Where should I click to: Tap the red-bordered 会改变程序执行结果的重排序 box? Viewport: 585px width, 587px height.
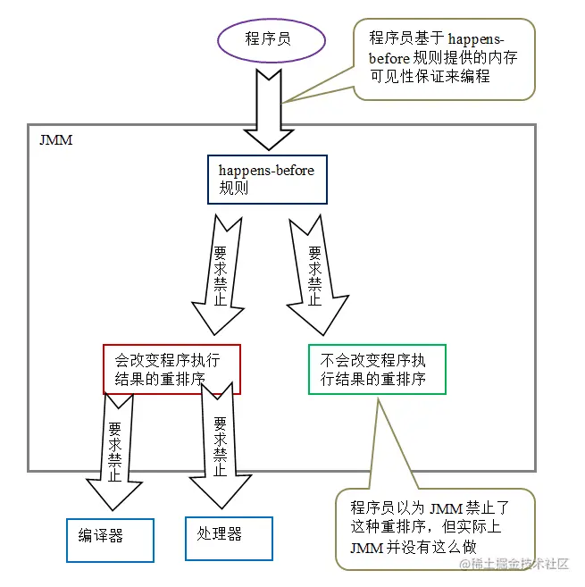click(x=171, y=369)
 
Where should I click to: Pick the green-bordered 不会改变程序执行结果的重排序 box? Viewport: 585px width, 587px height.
click(x=376, y=369)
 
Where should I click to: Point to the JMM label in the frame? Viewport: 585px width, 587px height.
click(x=55, y=141)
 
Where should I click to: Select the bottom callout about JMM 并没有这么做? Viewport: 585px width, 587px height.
click(x=435, y=527)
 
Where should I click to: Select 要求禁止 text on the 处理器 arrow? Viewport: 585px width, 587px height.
click(x=220, y=438)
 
